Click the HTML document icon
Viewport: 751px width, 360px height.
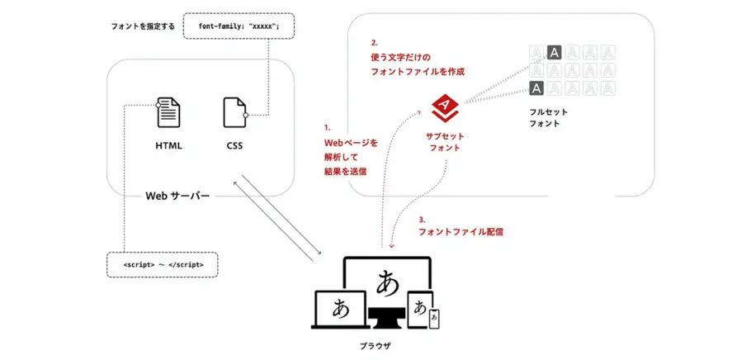[x=168, y=113]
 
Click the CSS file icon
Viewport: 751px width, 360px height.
[x=234, y=113]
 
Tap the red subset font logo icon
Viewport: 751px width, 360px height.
[x=445, y=106]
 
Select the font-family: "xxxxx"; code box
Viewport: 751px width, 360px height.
[x=239, y=26]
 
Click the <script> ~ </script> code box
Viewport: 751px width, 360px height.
[x=163, y=265]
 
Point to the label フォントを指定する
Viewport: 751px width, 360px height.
[x=143, y=26]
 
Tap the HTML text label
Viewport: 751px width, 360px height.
[x=168, y=146]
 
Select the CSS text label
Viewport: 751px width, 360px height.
[x=234, y=146]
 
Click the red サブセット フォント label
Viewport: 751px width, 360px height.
[x=445, y=142]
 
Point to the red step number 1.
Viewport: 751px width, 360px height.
[x=327, y=128]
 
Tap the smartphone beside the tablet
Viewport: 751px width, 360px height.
[x=434, y=319]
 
